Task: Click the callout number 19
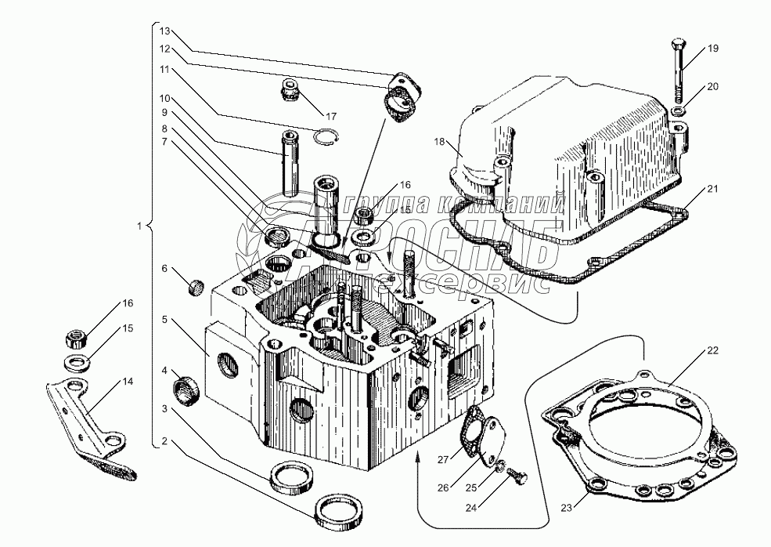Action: point(712,49)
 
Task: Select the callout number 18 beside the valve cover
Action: point(440,142)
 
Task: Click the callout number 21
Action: point(712,189)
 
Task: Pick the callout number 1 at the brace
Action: point(139,226)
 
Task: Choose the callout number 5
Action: point(164,320)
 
